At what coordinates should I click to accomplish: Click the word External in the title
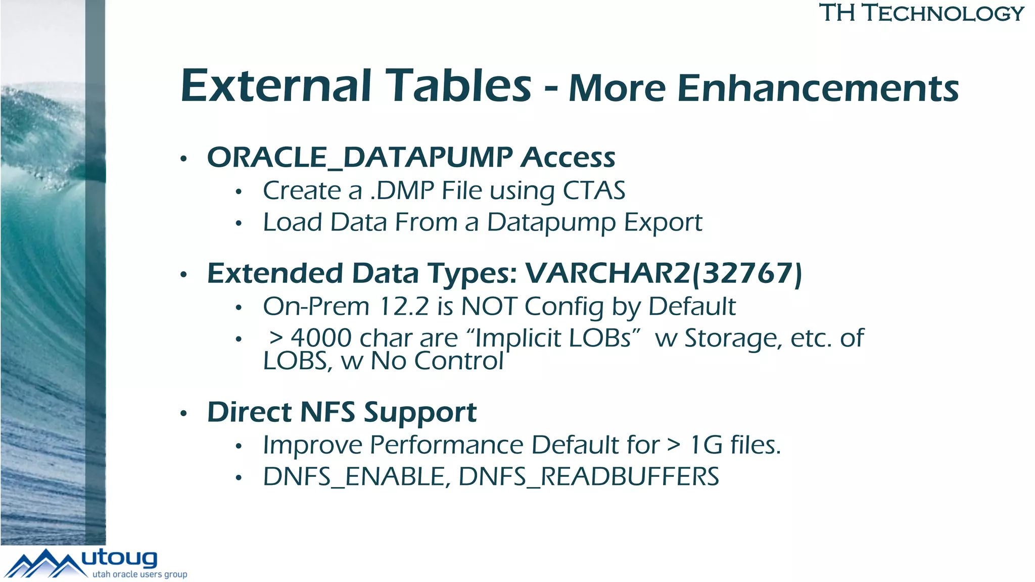276,86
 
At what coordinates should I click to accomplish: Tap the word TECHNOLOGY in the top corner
943,13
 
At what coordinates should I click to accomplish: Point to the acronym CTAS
594,191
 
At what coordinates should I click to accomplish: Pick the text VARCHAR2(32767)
664,273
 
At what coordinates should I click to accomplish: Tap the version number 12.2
404,307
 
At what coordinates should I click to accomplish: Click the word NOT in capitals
489,307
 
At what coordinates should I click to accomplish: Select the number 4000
321,338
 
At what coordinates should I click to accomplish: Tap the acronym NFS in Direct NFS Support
327,412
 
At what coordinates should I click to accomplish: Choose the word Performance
447,445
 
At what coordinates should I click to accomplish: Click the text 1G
705,445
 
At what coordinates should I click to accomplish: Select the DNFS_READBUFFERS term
589,477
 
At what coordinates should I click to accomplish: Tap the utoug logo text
119,558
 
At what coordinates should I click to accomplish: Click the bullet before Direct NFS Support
184,414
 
